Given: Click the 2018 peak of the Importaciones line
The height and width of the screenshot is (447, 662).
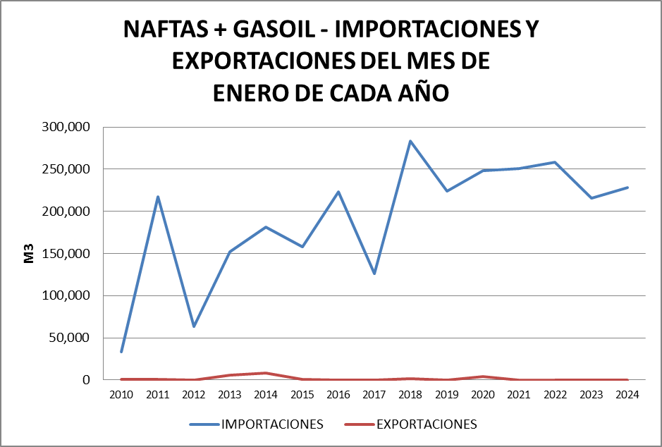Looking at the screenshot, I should [x=410, y=141].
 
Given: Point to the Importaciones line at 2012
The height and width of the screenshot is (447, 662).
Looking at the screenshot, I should [x=194, y=326].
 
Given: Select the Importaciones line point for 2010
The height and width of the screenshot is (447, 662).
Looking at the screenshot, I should [x=121, y=352].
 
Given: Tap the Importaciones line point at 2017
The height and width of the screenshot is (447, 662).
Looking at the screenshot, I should [x=374, y=274].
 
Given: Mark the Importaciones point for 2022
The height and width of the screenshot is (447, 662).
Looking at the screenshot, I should [x=555, y=162].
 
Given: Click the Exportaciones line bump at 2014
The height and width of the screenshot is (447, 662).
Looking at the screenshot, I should [x=266, y=373].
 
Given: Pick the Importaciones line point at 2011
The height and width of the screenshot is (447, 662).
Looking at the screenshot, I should [x=158, y=197].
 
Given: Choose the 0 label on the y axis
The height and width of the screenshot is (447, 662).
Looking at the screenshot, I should [x=87, y=380].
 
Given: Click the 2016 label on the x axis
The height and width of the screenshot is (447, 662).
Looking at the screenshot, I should [x=338, y=395].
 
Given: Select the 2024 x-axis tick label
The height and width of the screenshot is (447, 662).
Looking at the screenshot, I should [x=627, y=395].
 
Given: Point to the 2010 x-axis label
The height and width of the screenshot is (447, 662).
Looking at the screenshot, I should [x=121, y=395].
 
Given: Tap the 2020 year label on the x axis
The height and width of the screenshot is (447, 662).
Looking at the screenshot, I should [x=482, y=395].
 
